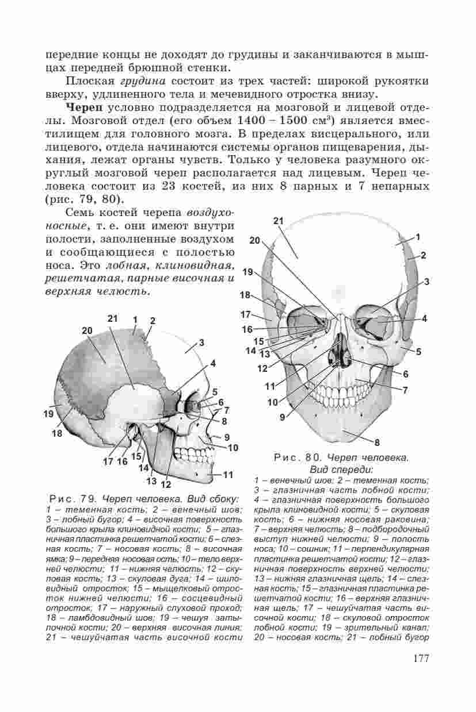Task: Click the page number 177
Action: point(421,658)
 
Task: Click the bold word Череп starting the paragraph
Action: point(85,107)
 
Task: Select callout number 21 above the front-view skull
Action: point(279,222)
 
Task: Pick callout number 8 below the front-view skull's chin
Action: point(377,442)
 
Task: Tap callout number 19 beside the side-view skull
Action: point(48,413)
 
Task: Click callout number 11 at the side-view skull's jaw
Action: point(228,475)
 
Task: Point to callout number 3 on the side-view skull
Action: point(201,343)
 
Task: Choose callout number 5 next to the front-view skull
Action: point(419,351)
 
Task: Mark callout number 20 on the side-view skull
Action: point(87,330)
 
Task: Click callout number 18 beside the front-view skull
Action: point(246,295)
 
